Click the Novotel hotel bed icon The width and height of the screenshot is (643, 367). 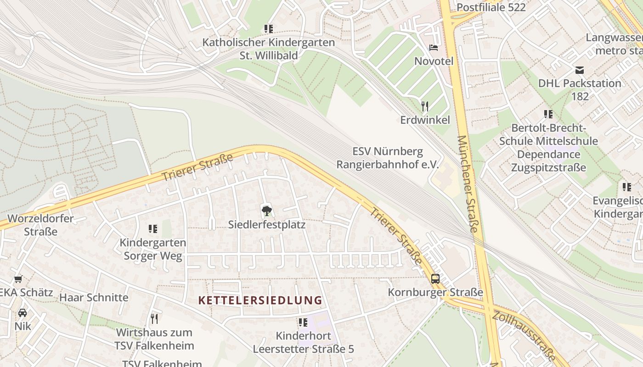[434, 47]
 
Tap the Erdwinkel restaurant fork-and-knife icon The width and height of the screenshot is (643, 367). [425, 106]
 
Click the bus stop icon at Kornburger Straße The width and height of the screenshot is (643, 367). [435, 278]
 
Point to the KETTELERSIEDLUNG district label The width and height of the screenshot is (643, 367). [260, 300]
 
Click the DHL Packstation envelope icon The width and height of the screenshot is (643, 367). [580, 70]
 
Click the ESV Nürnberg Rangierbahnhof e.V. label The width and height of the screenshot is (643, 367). [388, 158]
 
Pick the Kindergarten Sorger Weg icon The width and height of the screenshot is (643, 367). [153, 228]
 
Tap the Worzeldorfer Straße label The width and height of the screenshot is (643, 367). [40, 224]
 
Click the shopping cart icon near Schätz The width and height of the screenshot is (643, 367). [18, 279]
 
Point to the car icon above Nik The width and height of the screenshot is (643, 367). [22, 313]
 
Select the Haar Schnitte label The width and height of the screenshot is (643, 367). [94, 297]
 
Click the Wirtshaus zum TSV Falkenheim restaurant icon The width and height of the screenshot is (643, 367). [154, 318]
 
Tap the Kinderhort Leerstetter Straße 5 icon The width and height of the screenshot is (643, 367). [303, 323]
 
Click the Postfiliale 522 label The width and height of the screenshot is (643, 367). [491, 7]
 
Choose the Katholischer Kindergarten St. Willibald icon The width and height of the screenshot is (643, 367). [269, 29]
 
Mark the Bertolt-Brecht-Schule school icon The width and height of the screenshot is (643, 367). [548, 114]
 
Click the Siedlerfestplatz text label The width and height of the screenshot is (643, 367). [267, 225]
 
